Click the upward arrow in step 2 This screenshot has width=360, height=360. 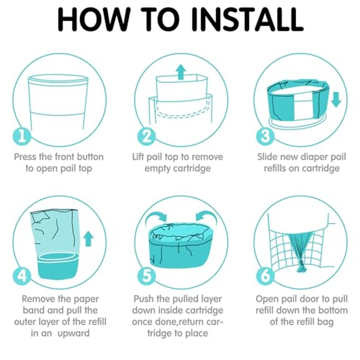[x=181, y=72]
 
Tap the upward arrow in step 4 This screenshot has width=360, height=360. [x=89, y=239]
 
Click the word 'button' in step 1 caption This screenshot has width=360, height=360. [x=88, y=157]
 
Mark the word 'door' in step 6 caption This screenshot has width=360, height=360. [x=309, y=299]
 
